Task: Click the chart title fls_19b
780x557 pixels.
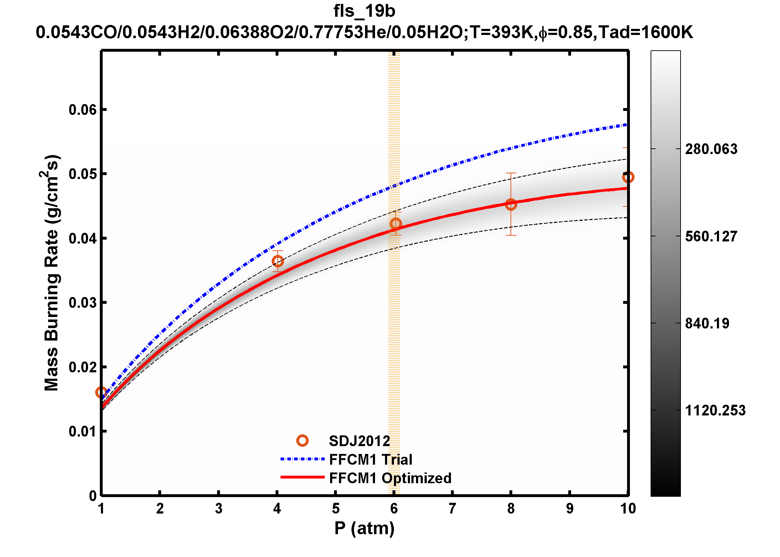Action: click(364, 11)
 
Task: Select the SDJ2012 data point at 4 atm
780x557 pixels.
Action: click(278, 261)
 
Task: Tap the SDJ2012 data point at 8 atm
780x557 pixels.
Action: click(511, 204)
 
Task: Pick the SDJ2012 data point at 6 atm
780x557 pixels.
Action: click(395, 224)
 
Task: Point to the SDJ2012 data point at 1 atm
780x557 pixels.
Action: click(101, 392)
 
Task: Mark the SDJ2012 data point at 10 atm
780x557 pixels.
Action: click(628, 177)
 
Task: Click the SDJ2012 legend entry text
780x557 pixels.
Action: click(359, 441)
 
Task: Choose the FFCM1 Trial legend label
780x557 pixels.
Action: click(370, 460)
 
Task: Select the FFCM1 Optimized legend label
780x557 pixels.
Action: click(390, 478)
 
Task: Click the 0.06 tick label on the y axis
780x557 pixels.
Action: click(83, 110)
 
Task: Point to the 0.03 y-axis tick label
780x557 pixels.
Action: click(83, 303)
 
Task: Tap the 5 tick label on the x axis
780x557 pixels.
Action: click(335, 509)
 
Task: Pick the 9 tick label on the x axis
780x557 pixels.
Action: click(570, 509)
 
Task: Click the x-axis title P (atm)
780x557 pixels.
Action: click(364, 528)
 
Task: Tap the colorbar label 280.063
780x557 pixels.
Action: click(711, 149)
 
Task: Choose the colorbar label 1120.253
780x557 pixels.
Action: click(715, 410)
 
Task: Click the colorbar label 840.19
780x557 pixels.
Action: click(707, 323)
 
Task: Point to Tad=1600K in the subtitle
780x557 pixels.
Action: click(645, 32)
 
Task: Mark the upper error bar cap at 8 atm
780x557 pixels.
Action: click(511, 173)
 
